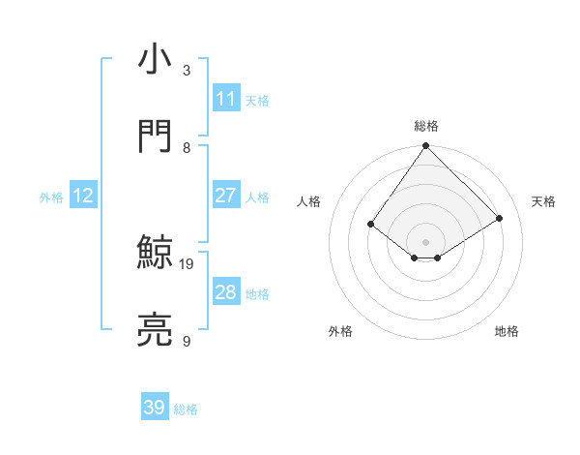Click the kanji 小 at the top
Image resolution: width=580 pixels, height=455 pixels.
click(156, 60)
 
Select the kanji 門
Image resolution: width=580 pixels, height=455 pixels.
click(156, 136)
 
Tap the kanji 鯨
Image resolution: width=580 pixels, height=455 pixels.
click(156, 254)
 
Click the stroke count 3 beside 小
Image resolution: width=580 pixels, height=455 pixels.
click(187, 71)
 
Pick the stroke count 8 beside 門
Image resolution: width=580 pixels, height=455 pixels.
click(187, 147)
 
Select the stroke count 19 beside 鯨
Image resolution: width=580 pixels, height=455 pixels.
click(188, 263)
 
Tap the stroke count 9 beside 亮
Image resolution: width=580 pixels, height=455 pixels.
click(187, 342)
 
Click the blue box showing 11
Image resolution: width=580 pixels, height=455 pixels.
click(226, 99)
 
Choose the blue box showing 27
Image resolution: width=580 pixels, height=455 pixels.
click(226, 196)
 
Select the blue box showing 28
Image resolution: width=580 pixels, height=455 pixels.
click(226, 292)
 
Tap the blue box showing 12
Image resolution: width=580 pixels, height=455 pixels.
click(83, 196)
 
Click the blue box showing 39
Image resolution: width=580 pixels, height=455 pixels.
click(155, 408)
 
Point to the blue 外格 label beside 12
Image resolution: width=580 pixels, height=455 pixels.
click(51, 197)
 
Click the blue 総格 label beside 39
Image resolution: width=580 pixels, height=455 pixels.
click(186, 409)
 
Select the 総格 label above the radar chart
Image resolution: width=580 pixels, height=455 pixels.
click(426, 127)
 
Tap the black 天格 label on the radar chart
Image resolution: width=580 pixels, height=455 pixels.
click(543, 201)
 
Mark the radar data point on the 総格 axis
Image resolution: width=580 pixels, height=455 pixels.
click(425, 147)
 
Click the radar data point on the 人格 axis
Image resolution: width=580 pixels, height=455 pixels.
click(371, 224)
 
